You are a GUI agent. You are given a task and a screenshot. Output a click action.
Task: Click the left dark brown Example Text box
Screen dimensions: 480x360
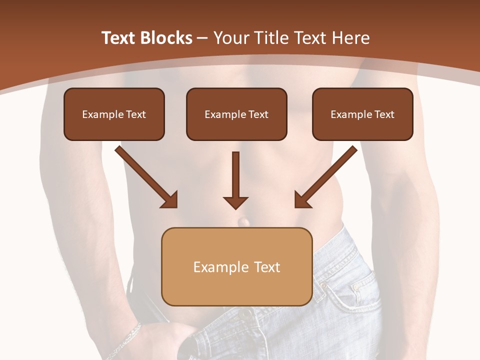click(x=114, y=114)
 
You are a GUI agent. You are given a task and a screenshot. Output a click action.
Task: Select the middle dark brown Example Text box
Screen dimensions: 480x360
click(x=236, y=114)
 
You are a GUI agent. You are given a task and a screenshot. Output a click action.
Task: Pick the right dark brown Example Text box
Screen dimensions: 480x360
click(x=362, y=114)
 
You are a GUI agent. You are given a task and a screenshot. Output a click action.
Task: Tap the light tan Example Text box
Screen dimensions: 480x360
click(x=236, y=266)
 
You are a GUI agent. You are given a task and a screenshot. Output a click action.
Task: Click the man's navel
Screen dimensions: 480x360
click(x=243, y=220)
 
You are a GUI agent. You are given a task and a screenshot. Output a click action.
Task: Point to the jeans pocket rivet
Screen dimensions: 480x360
click(x=356, y=288)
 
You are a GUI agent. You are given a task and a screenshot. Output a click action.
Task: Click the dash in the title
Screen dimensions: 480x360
click(x=202, y=38)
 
